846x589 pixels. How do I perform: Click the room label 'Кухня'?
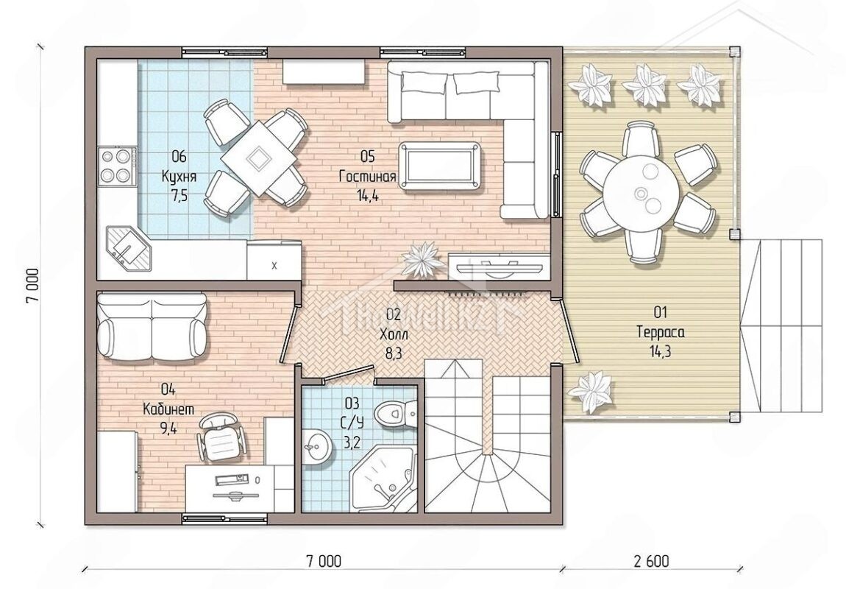click(179, 177)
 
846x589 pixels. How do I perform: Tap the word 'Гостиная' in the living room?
click(367, 177)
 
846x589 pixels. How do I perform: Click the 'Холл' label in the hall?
click(394, 335)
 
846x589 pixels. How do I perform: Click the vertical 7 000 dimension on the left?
click(33, 286)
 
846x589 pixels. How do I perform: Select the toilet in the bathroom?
click(396, 414)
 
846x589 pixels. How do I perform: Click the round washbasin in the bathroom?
click(316, 446)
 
